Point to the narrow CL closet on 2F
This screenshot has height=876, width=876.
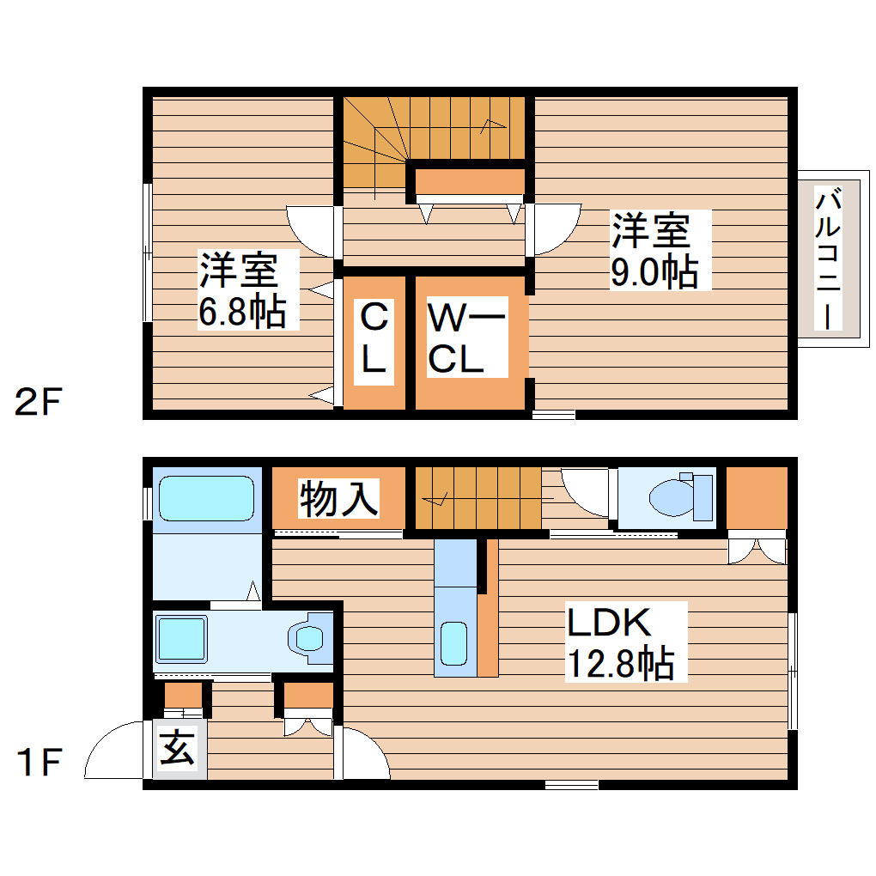tap(374, 340)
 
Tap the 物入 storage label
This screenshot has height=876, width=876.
tap(338, 499)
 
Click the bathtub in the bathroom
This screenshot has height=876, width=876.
tap(206, 498)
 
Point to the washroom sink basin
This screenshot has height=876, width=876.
tap(307, 638)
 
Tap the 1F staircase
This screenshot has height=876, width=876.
tap(477, 499)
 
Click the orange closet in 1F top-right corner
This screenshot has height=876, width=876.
tap(756, 498)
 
